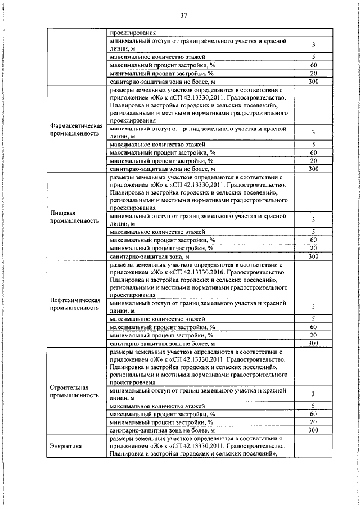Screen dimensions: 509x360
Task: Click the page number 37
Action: click(183, 15)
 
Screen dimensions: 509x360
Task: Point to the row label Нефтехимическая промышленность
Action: click(75, 304)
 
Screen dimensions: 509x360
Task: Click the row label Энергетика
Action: click(66, 446)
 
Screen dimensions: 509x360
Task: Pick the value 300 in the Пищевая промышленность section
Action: click(314, 256)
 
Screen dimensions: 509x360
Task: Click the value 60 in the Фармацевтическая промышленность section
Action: click(314, 152)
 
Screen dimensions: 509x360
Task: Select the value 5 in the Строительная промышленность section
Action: click(314, 406)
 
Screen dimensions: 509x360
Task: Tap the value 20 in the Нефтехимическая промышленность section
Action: click(314, 335)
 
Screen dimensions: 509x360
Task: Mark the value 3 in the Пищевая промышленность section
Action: click(314, 219)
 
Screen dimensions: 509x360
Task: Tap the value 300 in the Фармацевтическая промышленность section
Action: click(314, 169)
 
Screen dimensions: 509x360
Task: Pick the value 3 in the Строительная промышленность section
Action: click(314, 394)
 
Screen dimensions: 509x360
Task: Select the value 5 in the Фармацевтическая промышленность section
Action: click(314, 144)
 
